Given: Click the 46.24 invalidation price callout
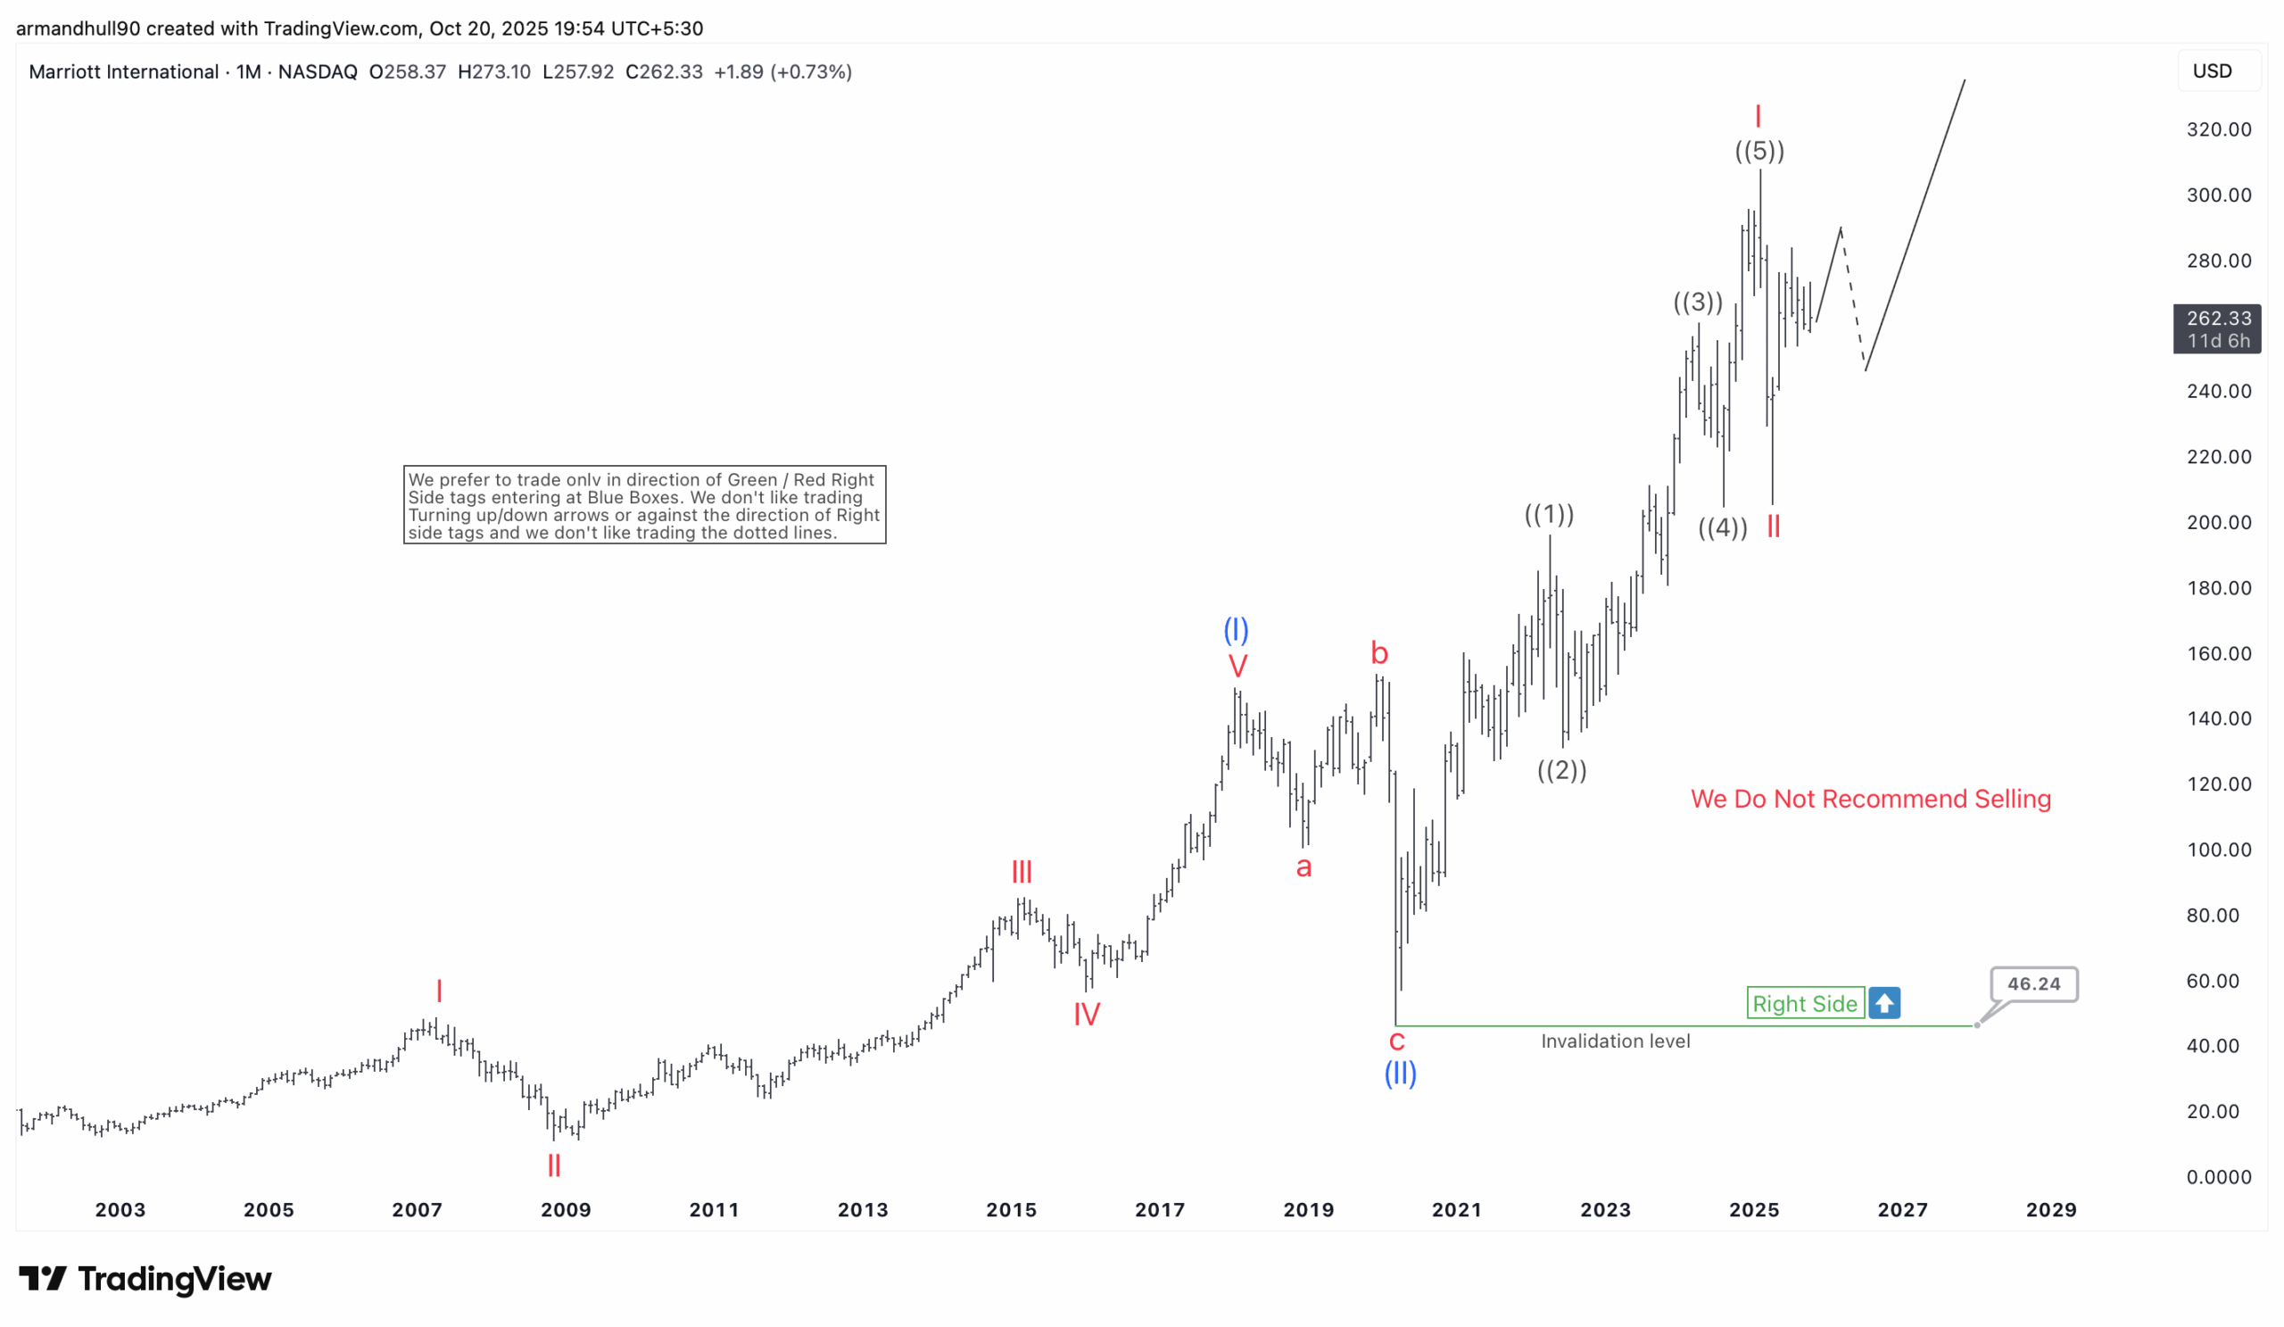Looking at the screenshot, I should (2033, 983).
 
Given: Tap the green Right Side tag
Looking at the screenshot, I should (1805, 1003).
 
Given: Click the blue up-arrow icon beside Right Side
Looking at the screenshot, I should (1884, 1003).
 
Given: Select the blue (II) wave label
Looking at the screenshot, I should (1401, 1074).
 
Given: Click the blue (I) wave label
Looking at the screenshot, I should (1237, 629).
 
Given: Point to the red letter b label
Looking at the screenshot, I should (1379, 652).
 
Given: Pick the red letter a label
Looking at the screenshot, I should (1303, 867).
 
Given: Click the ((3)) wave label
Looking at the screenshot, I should (1698, 302).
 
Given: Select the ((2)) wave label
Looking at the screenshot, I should (1561, 770).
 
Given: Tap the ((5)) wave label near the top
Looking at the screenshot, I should (1759, 151).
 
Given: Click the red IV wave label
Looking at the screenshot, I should (1087, 1014).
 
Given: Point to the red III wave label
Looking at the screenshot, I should (1022, 872).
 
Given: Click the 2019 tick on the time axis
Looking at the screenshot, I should (1308, 1209).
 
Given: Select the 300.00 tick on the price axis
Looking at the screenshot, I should (2218, 195).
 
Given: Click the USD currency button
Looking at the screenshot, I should (2212, 70).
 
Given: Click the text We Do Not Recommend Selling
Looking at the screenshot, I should (1870, 799).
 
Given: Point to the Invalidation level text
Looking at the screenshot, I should (1615, 1041).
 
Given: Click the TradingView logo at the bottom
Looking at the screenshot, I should (145, 1278).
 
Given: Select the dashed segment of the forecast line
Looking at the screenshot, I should (1852, 299).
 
